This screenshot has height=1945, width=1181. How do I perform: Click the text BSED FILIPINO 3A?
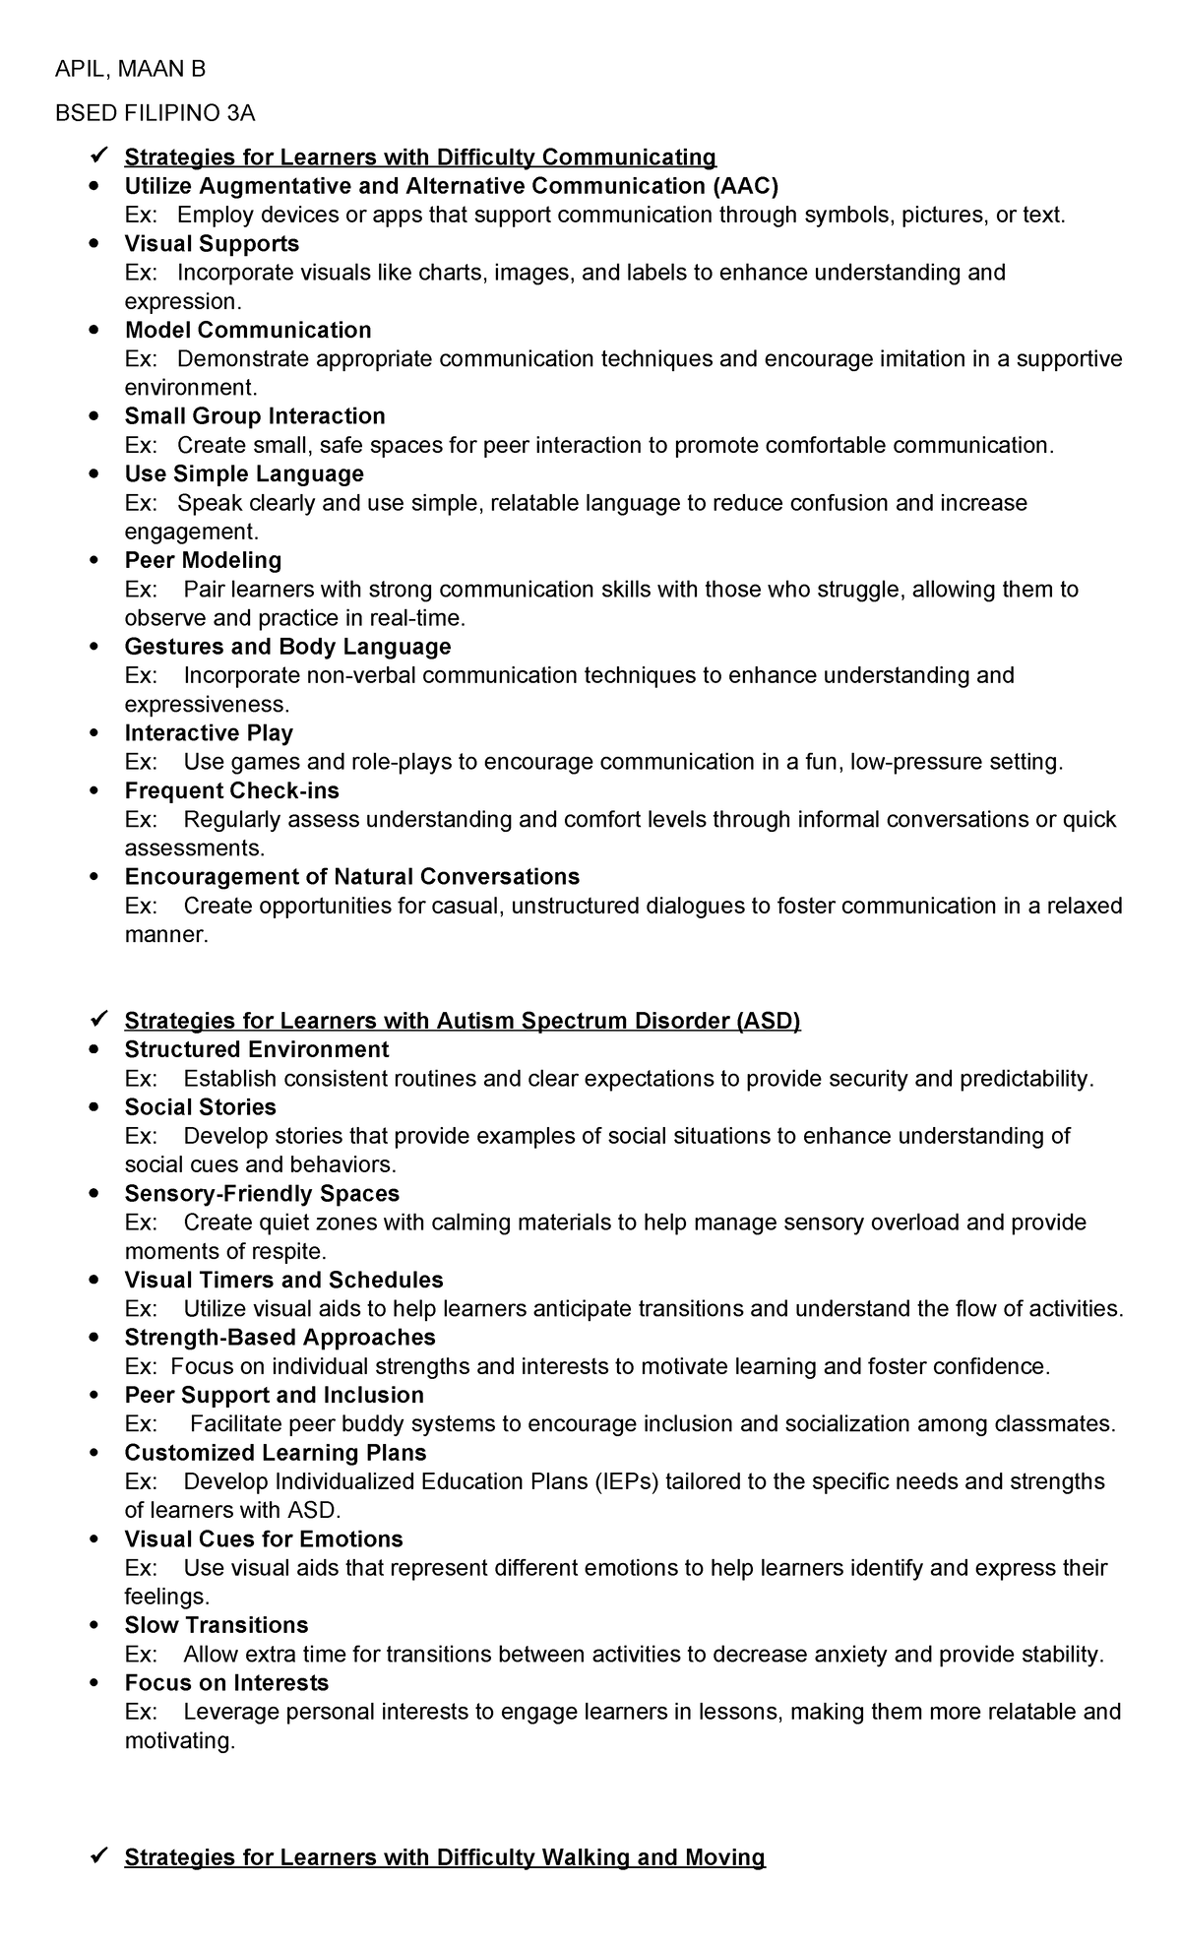click(x=155, y=113)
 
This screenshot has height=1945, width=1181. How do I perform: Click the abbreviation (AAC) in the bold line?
click(x=742, y=186)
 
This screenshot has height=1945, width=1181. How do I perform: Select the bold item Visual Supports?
click(x=212, y=243)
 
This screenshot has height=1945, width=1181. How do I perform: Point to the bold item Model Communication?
click(x=248, y=330)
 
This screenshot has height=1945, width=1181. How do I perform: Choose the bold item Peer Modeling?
click(x=203, y=560)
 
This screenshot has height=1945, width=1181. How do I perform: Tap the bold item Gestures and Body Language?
click(x=287, y=647)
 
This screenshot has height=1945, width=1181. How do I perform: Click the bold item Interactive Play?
click(x=209, y=733)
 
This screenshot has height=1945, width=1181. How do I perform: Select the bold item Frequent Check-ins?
click(x=231, y=790)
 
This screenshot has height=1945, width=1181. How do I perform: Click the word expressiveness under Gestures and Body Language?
click(x=207, y=705)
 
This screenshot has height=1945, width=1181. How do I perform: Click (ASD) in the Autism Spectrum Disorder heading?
click(x=768, y=1021)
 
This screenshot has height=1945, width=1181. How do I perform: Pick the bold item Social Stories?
click(x=200, y=1107)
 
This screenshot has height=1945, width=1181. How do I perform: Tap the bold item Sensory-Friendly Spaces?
click(x=262, y=1194)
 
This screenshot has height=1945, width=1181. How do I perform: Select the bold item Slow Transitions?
click(x=216, y=1625)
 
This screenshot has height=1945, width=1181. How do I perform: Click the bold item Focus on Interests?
click(x=226, y=1682)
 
